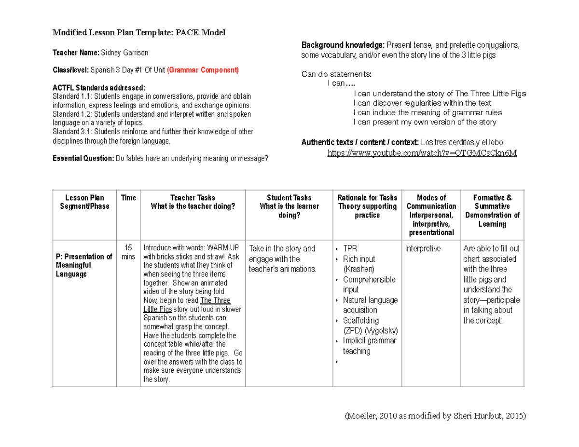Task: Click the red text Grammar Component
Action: click(203, 70)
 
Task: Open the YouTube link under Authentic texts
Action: click(422, 153)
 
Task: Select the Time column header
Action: click(129, 198)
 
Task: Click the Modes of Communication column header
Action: click(431, 215)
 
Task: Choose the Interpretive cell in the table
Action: click(423, 249)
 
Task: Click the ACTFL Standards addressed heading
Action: click(98, 88)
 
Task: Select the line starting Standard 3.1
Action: click(152, 132)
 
